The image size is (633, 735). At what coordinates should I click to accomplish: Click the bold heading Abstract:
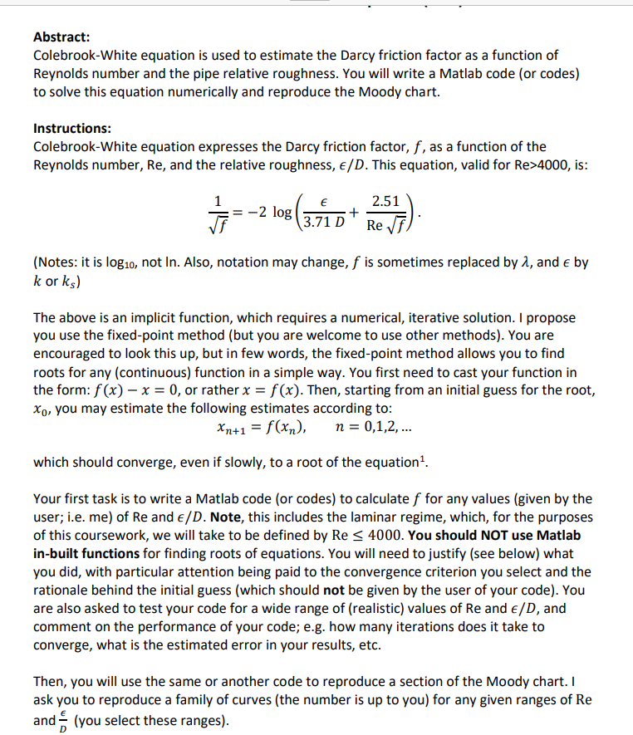pos(62,37)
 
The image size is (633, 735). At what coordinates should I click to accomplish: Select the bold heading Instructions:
pos(72,129)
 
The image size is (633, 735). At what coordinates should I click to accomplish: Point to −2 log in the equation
pos(264,212)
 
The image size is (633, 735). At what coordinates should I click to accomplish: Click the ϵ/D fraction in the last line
pos(63,719)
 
